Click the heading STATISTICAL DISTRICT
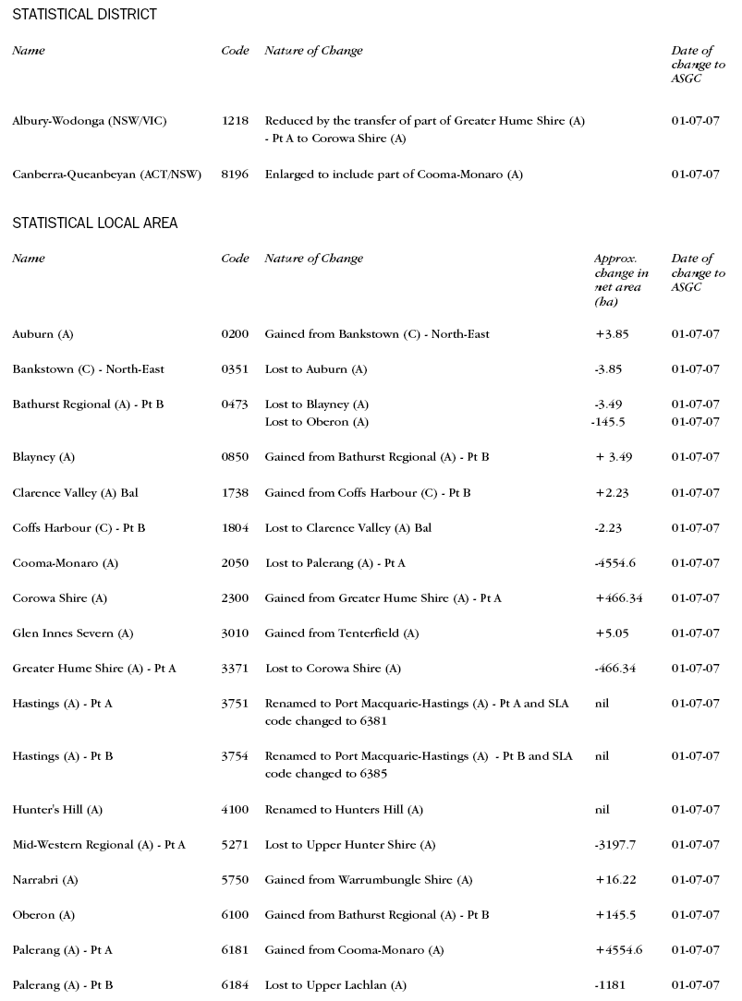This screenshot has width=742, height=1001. [84, 15]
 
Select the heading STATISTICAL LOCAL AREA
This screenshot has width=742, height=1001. [94, 223]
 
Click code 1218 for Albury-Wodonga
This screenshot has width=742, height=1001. [235, 121]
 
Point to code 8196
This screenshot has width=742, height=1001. [235, 175]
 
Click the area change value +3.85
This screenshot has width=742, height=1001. [612, 334]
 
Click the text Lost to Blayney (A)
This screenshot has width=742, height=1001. [316, 404]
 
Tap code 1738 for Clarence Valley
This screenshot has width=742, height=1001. [235, 493]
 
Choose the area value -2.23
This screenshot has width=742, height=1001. [609, 528]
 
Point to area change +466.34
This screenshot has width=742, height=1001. [619, 598]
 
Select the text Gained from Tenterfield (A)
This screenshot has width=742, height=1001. [342, 633]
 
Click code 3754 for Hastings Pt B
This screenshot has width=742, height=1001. [235, 756]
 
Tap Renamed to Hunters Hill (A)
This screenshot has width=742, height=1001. [344, 810]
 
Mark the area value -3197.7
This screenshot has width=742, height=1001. [615, 845]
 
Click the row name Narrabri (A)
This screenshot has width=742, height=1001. [45, 880]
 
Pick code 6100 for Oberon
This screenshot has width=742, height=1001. [235, 915]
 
